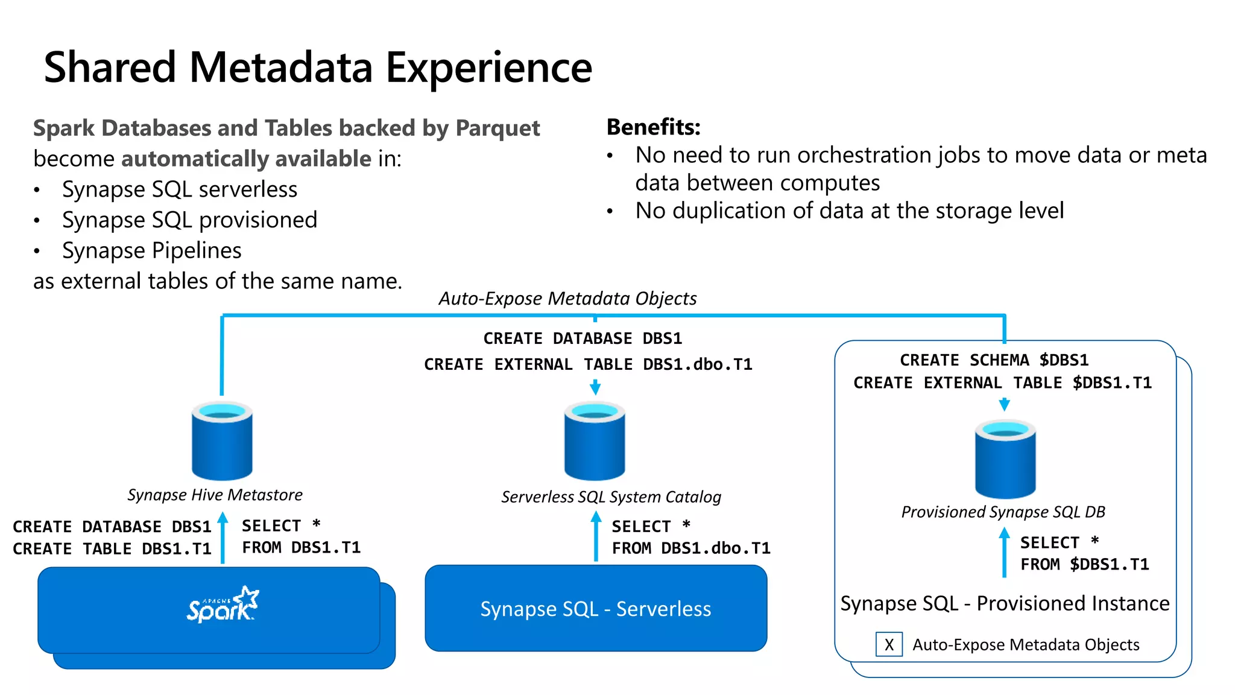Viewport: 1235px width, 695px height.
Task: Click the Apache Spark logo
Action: coord(222,605)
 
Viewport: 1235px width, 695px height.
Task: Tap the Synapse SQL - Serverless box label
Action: coord(596,609)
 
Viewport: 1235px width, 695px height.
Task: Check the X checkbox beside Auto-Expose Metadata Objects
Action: coord(889,644)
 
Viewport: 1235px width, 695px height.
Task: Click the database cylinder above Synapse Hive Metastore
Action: coord(222,440)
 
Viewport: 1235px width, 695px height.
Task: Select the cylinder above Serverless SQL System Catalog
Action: coord(595,440)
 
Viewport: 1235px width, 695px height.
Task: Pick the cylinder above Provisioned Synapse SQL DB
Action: coord(1005,459)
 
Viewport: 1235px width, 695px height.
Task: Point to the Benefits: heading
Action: coord(653,127)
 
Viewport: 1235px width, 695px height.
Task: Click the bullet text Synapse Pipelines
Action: coord(151,250)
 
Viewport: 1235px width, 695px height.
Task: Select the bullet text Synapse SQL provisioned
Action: coord(189,220)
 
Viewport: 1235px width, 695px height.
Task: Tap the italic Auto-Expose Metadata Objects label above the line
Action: coord(567,299)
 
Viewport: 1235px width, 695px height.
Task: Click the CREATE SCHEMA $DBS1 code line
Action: coord(994,360)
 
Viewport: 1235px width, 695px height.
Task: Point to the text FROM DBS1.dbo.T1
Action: coord(691,548)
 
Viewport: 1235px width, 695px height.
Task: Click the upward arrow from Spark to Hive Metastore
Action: coord(223,537)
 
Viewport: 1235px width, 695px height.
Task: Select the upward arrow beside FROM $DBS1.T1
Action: coord(1004,552)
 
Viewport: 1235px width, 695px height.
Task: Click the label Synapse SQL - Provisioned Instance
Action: coord(1005,603)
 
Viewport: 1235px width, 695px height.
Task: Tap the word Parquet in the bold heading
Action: coord(497,129)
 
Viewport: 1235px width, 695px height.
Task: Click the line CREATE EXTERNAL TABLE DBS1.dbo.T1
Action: coord(588,364)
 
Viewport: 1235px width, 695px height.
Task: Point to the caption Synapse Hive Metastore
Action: coord(215,495)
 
